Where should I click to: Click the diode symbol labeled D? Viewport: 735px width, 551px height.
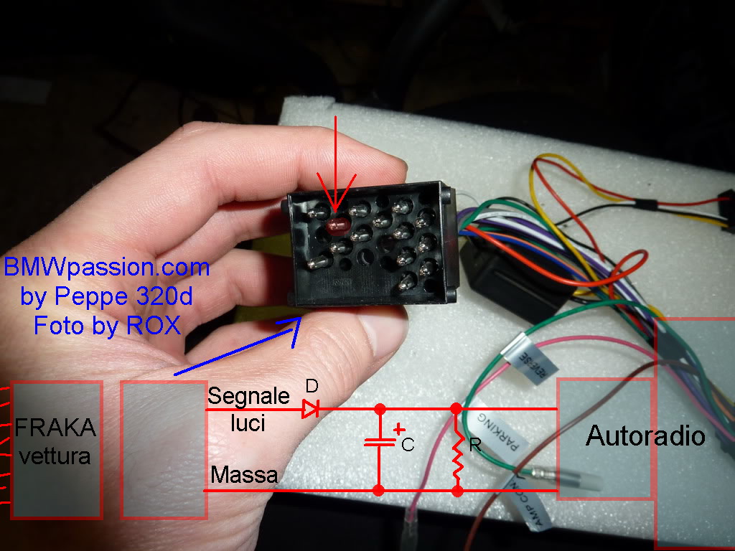[310, 410]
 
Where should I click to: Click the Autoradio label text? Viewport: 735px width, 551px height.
[645, 435]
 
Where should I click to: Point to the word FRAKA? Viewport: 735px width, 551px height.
[55, 430]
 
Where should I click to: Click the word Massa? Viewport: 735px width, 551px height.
[244, 474]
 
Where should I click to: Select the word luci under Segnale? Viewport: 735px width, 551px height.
[248, 423]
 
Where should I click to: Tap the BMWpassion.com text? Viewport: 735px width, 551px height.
[107, 268]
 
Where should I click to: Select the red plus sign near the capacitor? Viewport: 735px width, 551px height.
[399, 429]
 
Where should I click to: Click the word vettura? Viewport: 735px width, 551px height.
[55, 455]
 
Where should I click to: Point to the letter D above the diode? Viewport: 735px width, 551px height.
[311, 386]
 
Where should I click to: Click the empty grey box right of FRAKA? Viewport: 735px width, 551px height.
[164, 449]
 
